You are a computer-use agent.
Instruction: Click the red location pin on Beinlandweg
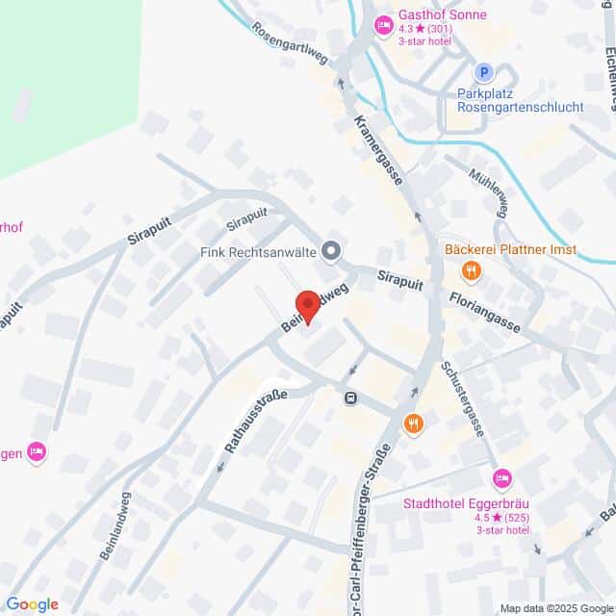point(306,307)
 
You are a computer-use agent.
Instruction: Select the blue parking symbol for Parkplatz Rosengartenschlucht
point(484,72)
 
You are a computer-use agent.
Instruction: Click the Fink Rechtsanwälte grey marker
point(331,252)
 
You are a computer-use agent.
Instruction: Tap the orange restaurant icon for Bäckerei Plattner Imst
point(470,272)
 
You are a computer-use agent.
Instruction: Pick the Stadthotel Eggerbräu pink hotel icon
point(500,478)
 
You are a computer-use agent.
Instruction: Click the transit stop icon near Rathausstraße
point(351,397)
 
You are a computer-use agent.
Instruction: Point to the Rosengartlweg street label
point(290,44)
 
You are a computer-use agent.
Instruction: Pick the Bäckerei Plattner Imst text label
point(510,250)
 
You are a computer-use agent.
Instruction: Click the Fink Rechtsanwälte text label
point(258,252)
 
